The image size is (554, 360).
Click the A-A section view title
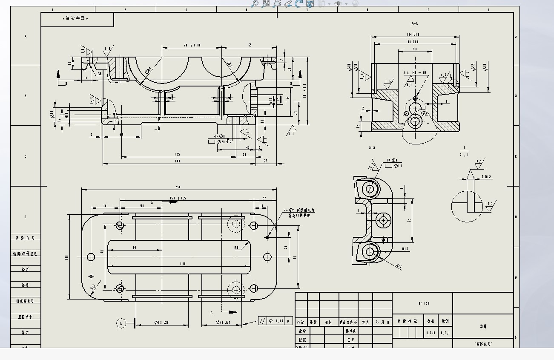coord(415,24)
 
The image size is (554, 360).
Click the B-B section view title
coord(372,148)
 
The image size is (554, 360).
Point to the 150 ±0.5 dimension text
coord(178,198)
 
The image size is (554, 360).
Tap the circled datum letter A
coord(121,324)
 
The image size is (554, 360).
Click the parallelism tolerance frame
coord(276,321)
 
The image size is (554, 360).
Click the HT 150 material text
coord(424,303)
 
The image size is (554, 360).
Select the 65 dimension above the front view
coord(250,45)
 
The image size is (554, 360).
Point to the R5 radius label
coord(99,73)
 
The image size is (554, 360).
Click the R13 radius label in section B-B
coord(405,249)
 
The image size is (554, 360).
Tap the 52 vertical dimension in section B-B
coord(409,221)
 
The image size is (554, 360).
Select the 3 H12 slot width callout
coord(485,176)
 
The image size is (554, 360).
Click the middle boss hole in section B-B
coord(383,220)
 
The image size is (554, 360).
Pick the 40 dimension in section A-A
coord(415,49)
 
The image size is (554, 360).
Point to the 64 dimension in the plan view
coord(135,247)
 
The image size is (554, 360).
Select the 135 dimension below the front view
coord(178,154)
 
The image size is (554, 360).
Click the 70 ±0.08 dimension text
coord(192,45)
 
